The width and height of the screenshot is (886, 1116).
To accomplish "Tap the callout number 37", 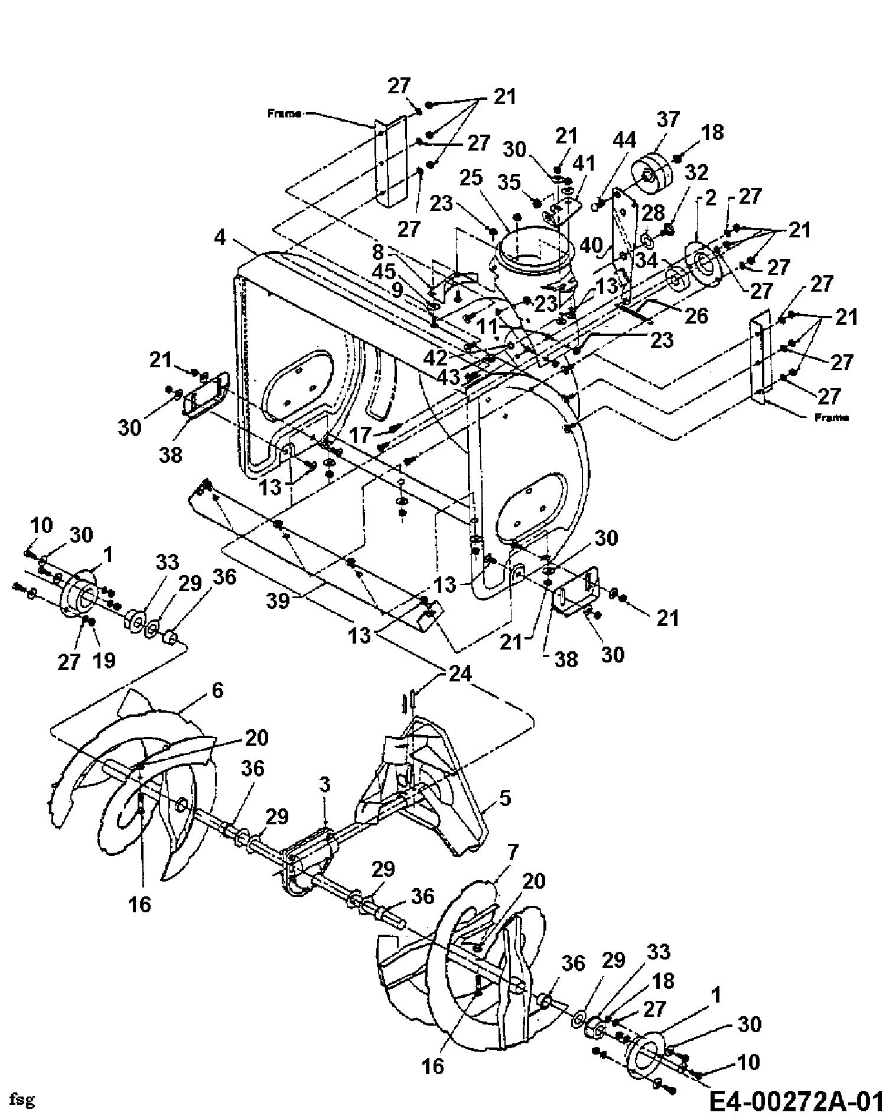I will [667, 120].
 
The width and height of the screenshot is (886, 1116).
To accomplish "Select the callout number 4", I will [220, 237].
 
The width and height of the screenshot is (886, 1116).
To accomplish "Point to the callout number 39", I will [277, 601].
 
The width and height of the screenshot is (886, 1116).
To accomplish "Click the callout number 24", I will [460, 673].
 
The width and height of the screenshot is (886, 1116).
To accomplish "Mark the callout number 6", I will [217, 690].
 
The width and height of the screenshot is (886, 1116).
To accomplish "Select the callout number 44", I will [624, 140].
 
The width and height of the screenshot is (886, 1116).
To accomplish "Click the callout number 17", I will [361, 435].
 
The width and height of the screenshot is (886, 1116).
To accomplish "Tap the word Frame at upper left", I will [285, 113].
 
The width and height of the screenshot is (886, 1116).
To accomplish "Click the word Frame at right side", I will [831, 417].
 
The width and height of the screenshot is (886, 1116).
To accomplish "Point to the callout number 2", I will [711, 198].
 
